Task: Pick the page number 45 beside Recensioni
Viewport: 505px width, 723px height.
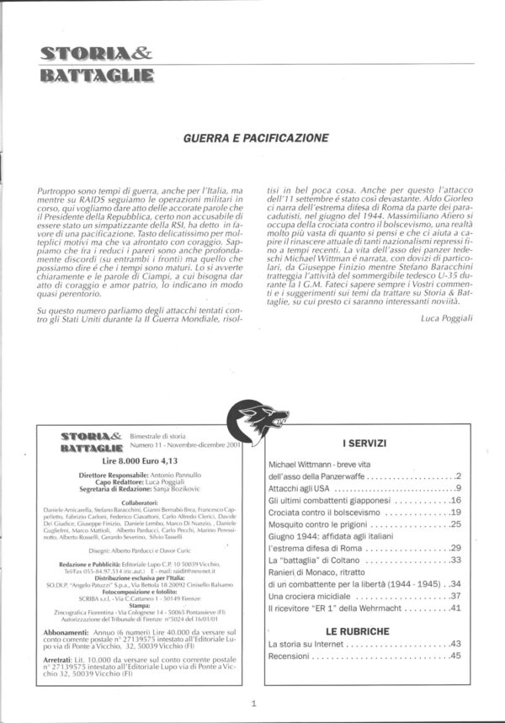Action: coord(455,656)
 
